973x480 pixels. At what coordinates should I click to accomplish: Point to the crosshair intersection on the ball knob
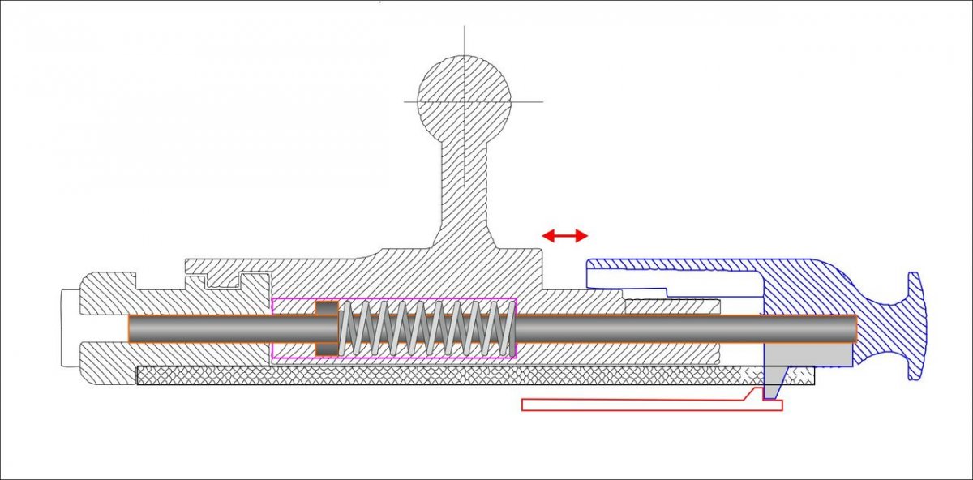pos(465,101)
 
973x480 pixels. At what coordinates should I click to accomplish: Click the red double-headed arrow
pos(565,235)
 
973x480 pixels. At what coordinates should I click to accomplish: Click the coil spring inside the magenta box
pos(426,328)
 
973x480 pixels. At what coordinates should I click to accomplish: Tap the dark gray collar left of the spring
pos(326,328)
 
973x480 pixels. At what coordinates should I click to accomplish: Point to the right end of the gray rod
pos(854,328)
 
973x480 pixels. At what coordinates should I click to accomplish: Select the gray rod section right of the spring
pos(632,328)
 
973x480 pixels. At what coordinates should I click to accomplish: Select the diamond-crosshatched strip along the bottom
pos(446,375)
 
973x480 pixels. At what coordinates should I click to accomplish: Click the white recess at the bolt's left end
pos(70,328)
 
